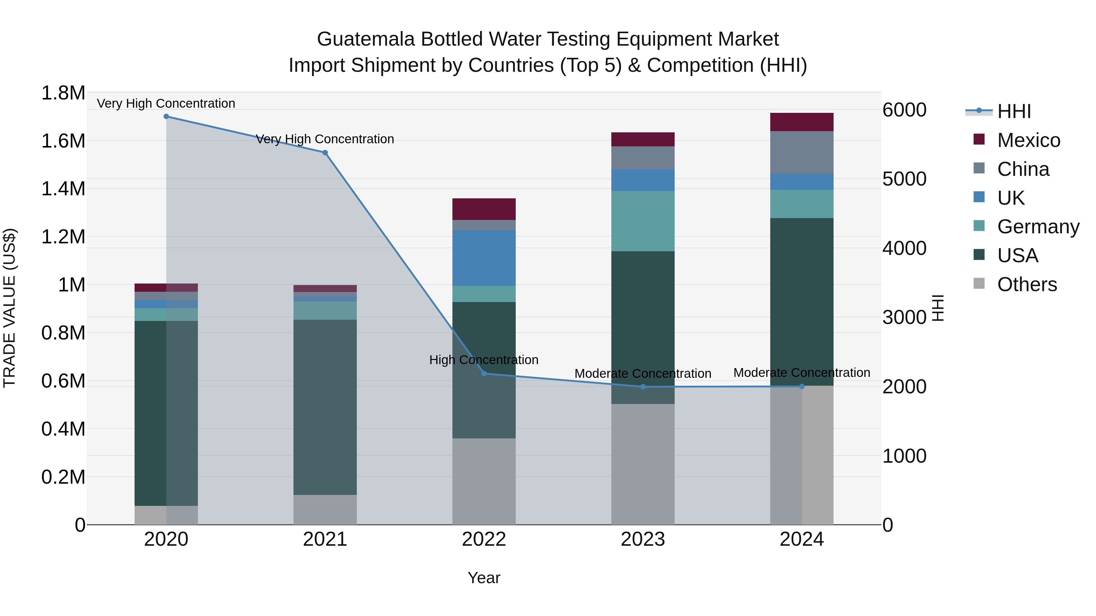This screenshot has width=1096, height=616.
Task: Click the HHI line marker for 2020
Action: tap(166, 117)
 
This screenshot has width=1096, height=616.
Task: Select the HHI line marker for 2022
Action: tap(484, 374)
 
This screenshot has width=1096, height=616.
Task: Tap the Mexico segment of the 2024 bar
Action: tap(802, 122)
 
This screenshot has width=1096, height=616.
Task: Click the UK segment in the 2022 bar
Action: tap(484, 258)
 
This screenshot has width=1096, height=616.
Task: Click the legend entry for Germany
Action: tap(1038, 227)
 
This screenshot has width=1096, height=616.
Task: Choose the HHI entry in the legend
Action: tap(1013, 111)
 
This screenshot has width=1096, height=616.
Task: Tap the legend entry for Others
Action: tap(1027, 284)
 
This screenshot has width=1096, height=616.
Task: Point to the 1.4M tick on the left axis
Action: tap(63, 189)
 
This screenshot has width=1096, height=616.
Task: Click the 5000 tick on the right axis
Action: tap(904, 179)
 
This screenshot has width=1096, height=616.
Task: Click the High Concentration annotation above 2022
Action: tap(484, 360)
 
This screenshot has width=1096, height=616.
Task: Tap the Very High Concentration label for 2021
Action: tap(325, 139)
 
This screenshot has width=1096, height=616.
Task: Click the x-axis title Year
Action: tap(484, 578)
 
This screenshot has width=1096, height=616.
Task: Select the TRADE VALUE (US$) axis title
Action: tap(10, 308)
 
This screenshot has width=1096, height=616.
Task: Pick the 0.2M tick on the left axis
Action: tap(63, 477)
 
